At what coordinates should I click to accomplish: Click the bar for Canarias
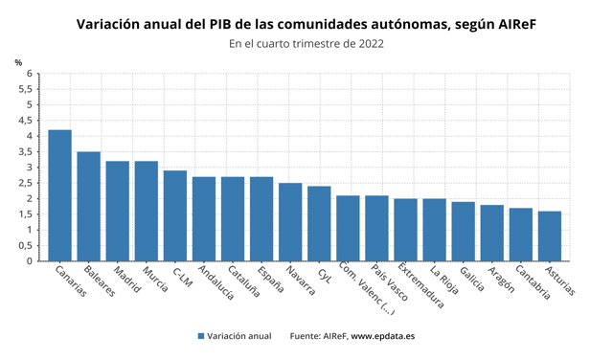(x=60, y=195)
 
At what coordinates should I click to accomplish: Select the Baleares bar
(x=89, y=206)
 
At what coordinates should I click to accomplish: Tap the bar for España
(x=261, y=218)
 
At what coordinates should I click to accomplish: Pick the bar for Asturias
(x=550, y=236)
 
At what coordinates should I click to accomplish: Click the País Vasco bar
(x=376, y=228)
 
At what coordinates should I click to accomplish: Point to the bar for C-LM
(x=175, y=215)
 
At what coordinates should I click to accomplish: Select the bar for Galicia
(x=463, y=231)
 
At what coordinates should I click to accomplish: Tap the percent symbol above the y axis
(x=18, y=62)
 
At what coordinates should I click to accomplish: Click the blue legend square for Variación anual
(x=201, y=336)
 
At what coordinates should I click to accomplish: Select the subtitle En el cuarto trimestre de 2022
(x=306, y=43)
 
